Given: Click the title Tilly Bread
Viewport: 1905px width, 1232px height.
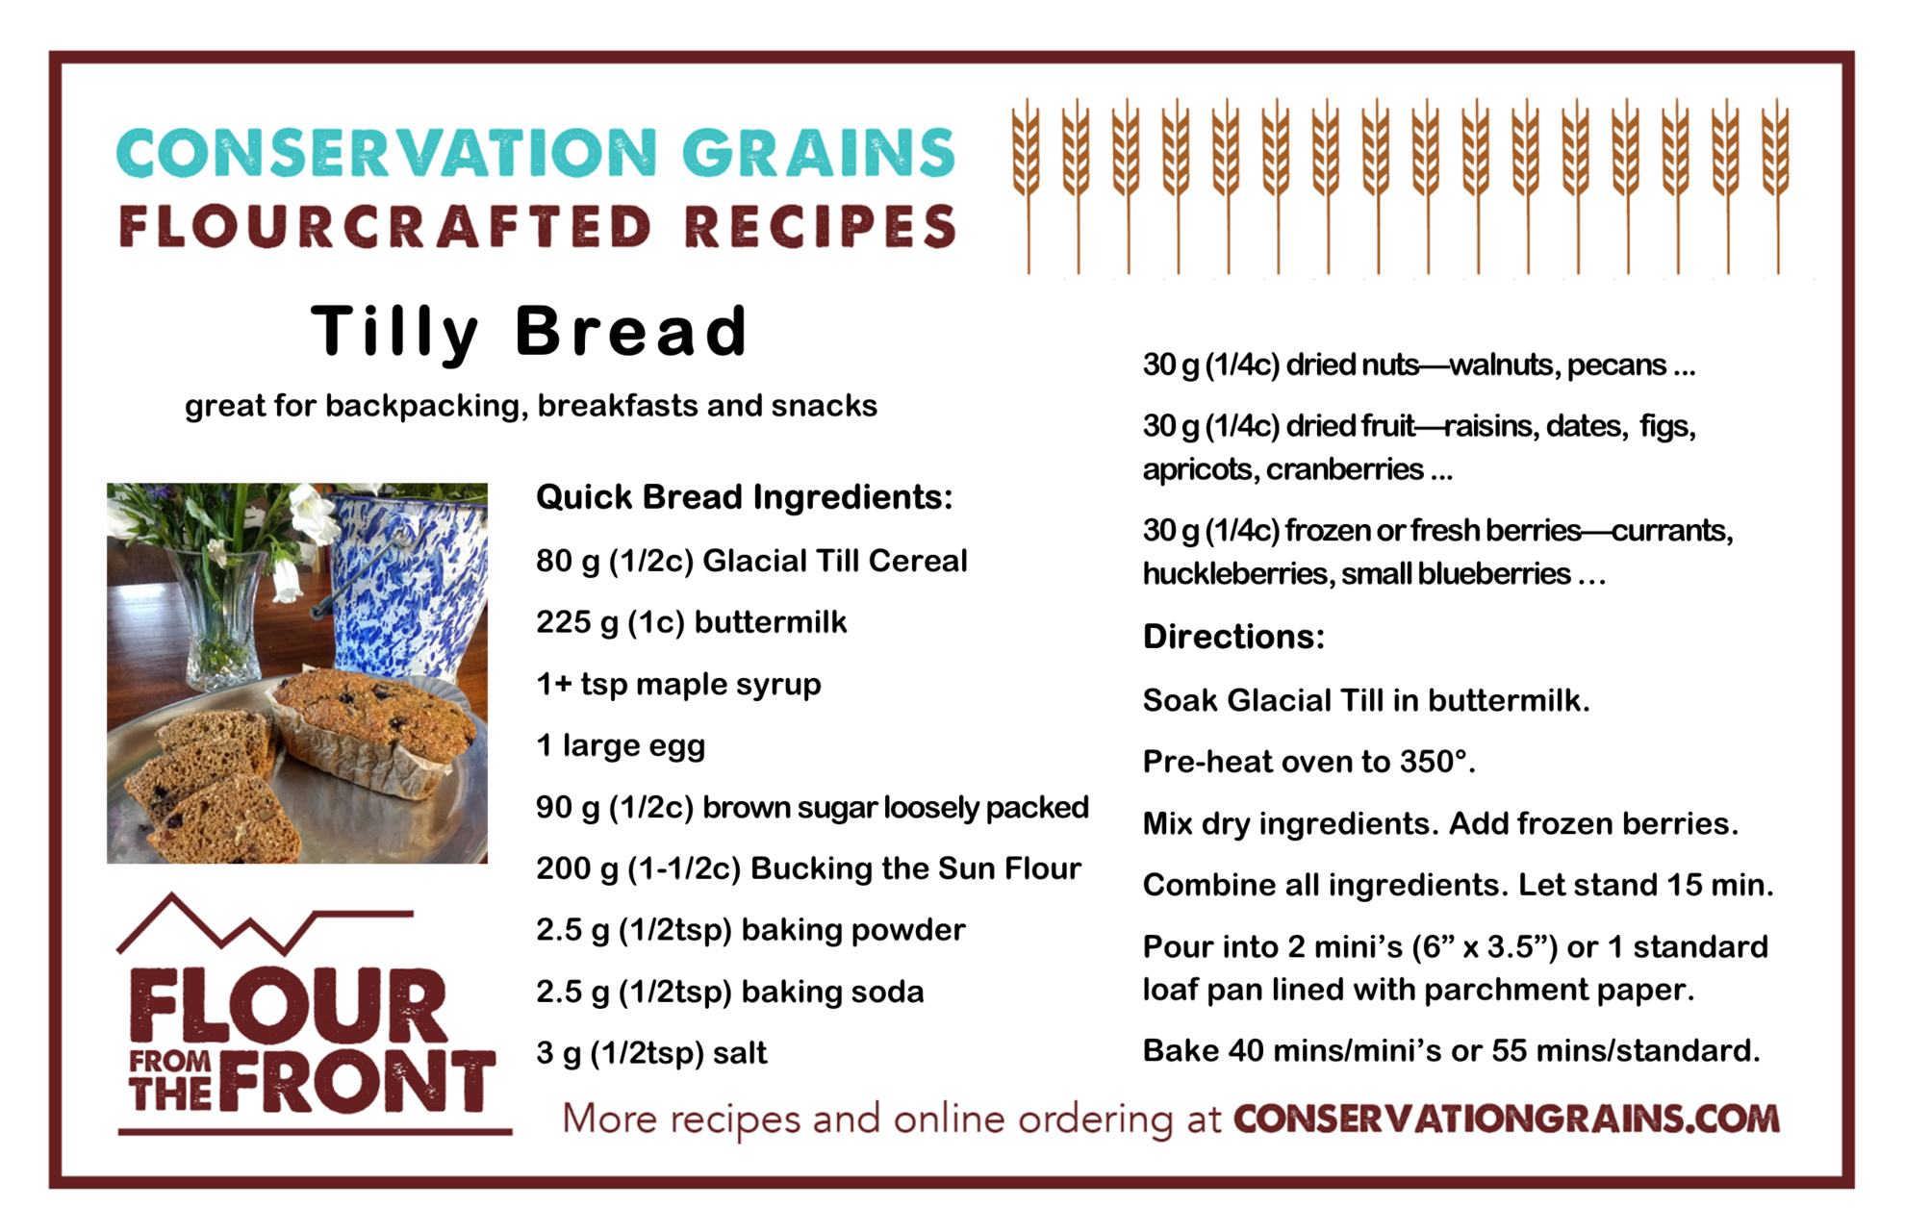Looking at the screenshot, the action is [529, 332].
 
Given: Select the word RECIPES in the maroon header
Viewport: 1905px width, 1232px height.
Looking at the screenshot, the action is [821, 227].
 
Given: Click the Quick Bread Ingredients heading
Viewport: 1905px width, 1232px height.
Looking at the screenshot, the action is [744, 497].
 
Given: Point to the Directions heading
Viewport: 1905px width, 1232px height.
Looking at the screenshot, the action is [1233, 637].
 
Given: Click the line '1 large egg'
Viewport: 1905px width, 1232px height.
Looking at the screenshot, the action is [621, 746].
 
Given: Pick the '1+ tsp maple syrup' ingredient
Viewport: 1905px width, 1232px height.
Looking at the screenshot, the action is [678, 685].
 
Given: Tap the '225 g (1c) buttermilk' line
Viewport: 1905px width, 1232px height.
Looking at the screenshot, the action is [691, 623].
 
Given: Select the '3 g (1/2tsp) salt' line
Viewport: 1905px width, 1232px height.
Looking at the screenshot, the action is [651, 1053].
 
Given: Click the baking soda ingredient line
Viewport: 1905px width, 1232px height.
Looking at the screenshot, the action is [729, 992].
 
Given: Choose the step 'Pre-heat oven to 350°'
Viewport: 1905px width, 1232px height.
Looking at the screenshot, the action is [1308, 762].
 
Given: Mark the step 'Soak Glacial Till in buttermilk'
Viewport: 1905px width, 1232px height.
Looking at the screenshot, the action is [1365, 700].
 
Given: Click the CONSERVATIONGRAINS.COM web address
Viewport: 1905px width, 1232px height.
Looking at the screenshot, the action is [1507, 1119].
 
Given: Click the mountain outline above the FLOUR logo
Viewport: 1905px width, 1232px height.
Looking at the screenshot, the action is [266, 924].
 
